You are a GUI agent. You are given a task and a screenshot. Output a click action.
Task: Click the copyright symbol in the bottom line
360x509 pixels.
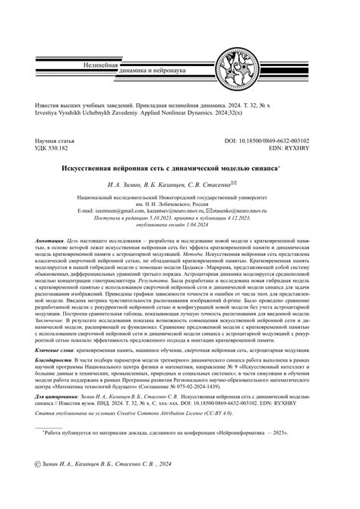coord(28,482)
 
